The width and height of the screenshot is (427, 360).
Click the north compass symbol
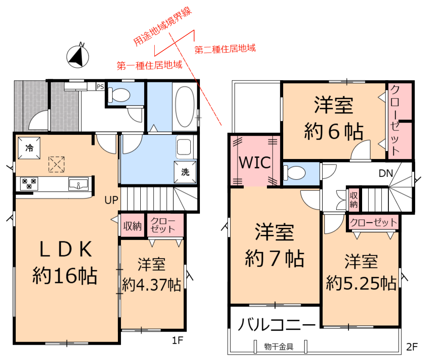click(x=78, y=56)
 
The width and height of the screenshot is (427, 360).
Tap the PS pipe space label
click(x=100, y=87)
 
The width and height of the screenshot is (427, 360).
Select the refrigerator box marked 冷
click(x=29, y=148)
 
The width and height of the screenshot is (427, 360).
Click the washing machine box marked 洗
click(x=185, y=172)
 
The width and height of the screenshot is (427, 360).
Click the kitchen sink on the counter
click(x=78, y=184)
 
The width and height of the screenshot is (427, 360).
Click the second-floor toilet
click(x=294, y=173)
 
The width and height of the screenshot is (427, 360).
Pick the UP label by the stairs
click(x=111, y=200)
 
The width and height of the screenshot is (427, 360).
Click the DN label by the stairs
click(x=386, y=173)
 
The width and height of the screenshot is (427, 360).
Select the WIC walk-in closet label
click(x=255, y=162)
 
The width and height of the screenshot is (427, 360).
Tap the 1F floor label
click(x=178, y=340)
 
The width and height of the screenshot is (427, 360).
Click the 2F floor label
click(x=412, y=347)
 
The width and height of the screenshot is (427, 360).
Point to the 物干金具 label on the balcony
click(x=278, y=347)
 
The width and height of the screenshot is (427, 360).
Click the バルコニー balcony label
click(x=277, y=325)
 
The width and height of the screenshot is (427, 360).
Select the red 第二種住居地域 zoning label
click(x=225, y=49)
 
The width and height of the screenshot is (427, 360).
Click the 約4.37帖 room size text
click(x=151, y=285)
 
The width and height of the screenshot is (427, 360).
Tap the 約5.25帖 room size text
click(x=361, y=283)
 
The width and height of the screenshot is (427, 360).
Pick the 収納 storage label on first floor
click(x=132, y=226)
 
